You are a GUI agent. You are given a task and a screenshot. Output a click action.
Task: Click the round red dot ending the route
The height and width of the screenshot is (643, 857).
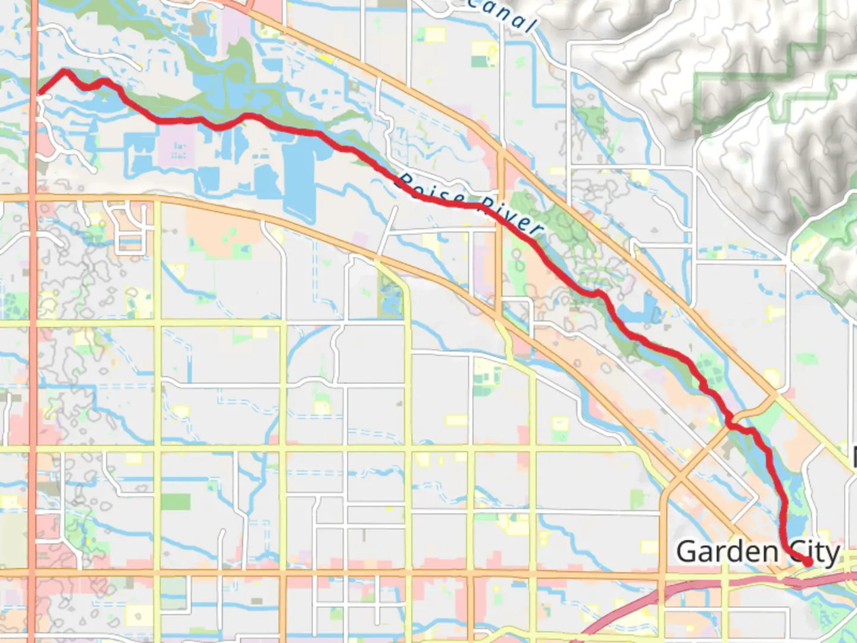[x=808, y=561]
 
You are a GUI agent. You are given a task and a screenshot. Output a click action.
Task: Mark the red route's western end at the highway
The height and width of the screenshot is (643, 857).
[x=39, y=93]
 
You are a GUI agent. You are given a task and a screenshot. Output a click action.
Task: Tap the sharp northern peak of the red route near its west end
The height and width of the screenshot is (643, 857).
[x=65, y=71]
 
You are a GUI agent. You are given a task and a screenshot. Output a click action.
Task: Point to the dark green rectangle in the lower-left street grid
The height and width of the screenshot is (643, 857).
[x=176, y=502]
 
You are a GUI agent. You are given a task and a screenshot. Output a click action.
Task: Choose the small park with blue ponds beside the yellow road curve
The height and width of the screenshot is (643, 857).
[x=390, y=298]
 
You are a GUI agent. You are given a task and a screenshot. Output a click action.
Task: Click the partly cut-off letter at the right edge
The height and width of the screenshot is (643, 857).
[x=853, y=457]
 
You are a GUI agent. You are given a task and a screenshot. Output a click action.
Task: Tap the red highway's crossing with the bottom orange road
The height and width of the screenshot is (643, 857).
[x=33, y=573]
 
